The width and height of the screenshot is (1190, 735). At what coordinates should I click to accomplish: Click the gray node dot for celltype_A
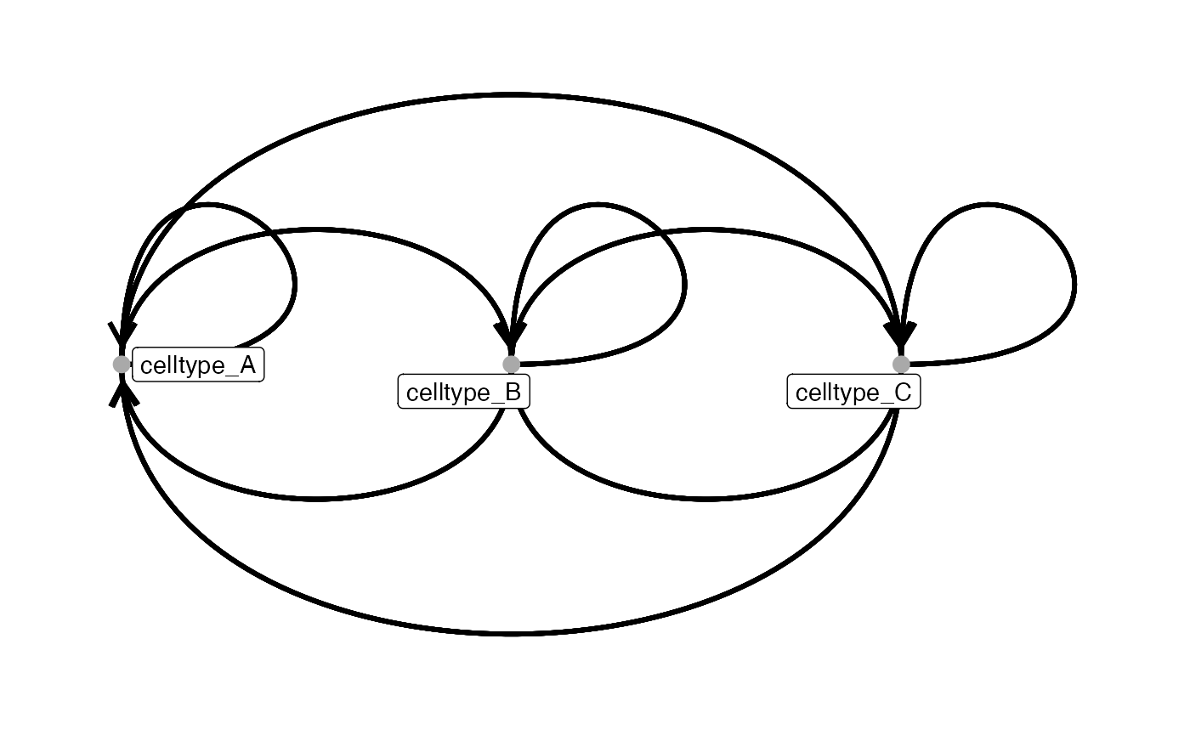(x=122, y=365)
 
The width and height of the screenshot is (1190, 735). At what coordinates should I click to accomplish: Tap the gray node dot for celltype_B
(x=511, y=365)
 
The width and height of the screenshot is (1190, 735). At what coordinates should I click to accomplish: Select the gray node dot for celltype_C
(x=901, y=365)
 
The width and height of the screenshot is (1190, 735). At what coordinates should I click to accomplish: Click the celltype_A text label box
(x=198, y=365)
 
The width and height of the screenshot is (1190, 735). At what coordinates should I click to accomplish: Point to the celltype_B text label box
(x=464, y=392)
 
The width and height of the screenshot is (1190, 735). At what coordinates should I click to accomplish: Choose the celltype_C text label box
(x=853, y=392)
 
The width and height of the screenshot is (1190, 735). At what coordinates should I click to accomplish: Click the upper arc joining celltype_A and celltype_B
(x=316, y=230)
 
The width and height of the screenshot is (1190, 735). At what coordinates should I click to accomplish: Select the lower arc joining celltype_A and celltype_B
(x=316, y=500)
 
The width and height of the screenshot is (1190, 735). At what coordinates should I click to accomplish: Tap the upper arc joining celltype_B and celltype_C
(x=706, y=230)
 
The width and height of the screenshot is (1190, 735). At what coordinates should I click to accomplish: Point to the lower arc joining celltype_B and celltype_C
(x=706, y=500)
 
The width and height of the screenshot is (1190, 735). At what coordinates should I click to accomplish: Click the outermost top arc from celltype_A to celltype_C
(x=511, y=95)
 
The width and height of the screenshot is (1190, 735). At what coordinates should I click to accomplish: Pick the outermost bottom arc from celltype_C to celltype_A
(x=511, y=634)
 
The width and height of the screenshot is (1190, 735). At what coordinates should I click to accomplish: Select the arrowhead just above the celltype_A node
(x=122, y=337)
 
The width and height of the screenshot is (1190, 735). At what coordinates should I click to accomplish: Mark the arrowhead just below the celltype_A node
(x=122, y=392)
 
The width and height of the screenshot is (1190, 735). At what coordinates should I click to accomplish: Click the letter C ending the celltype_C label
(x=903, y=393)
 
